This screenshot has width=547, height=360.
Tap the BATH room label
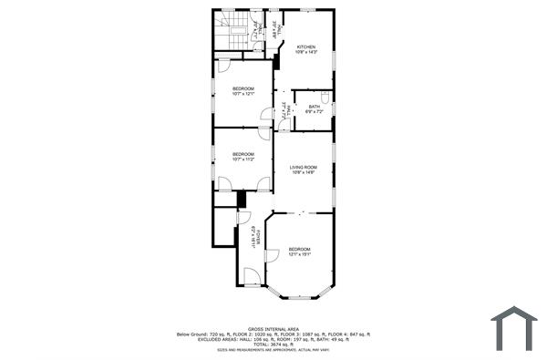pyautogui.click(x=315, y=107)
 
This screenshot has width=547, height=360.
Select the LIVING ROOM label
pyautogui.click(x=304, y=167)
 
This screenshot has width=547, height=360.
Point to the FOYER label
pyautogui.click(x=258, y=239)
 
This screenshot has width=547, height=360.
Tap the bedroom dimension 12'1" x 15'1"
pyautogui.click(x=300, y=254)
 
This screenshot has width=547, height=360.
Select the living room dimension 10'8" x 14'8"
pyautogui.click(x=304, y=172)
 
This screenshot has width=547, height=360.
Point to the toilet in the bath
pyautogui.click(x=325, y=95)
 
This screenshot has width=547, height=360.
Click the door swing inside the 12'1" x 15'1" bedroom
pyautogui.click(x=271, y=258)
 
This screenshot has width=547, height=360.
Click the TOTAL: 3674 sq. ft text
pyautogui.click(x=273, y=344)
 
